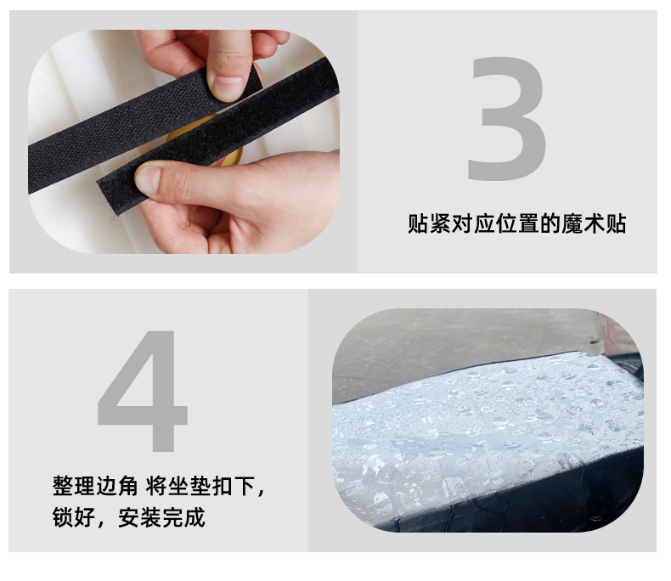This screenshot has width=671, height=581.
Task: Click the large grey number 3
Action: (x=508, y=119)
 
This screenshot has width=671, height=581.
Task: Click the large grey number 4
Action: (x=144, y=391)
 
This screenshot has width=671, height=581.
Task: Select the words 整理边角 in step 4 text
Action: (x=95, y=486)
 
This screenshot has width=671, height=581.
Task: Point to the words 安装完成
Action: (x=161, y=517)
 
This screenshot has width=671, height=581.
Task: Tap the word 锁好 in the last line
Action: (x=74, y=517)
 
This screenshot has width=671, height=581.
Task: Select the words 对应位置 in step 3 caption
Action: (x=494, y=223)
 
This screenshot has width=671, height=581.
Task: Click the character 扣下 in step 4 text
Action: (x=234, y=486)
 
